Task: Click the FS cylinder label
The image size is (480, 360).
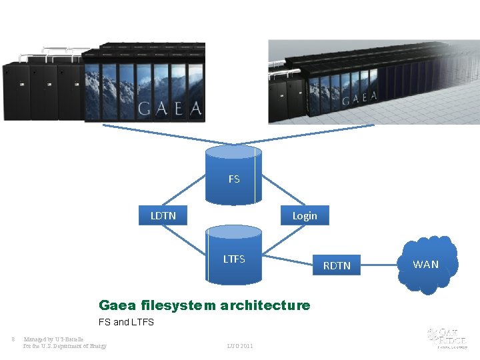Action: click(x=234, y=179)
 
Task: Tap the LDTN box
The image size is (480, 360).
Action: click(x=163, y=216)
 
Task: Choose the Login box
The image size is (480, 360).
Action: click(x=304, y=216)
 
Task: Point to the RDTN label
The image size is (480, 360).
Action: click(x=337, y=265)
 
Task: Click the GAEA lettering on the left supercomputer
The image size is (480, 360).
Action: click(x=169, y=108)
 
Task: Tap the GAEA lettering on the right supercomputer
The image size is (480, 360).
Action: click(x=359, y=98)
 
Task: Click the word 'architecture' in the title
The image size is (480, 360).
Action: click(x=265, y=305)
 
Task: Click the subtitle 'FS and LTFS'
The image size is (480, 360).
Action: click(x=126, y=322)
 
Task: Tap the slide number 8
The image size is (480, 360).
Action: click(x=13, y=338)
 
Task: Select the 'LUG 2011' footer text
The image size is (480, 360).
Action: click(x=240, y=345)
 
